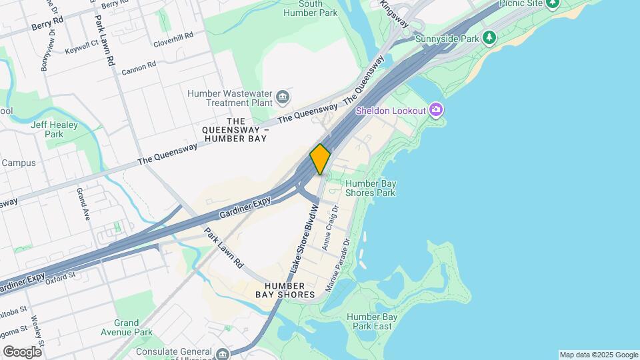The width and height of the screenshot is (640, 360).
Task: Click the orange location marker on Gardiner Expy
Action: tap(320, 159)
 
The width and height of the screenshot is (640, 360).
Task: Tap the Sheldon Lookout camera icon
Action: tap(436, 109)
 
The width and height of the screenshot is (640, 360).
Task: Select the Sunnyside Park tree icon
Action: tap(490, 37)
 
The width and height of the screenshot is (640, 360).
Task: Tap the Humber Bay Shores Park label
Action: tap(370, 188)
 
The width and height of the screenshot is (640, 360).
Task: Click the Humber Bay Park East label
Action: tap(371, 322)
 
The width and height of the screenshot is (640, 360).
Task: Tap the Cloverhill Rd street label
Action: tap(173, 35)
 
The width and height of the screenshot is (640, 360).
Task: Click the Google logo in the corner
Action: tap(23, 351)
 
